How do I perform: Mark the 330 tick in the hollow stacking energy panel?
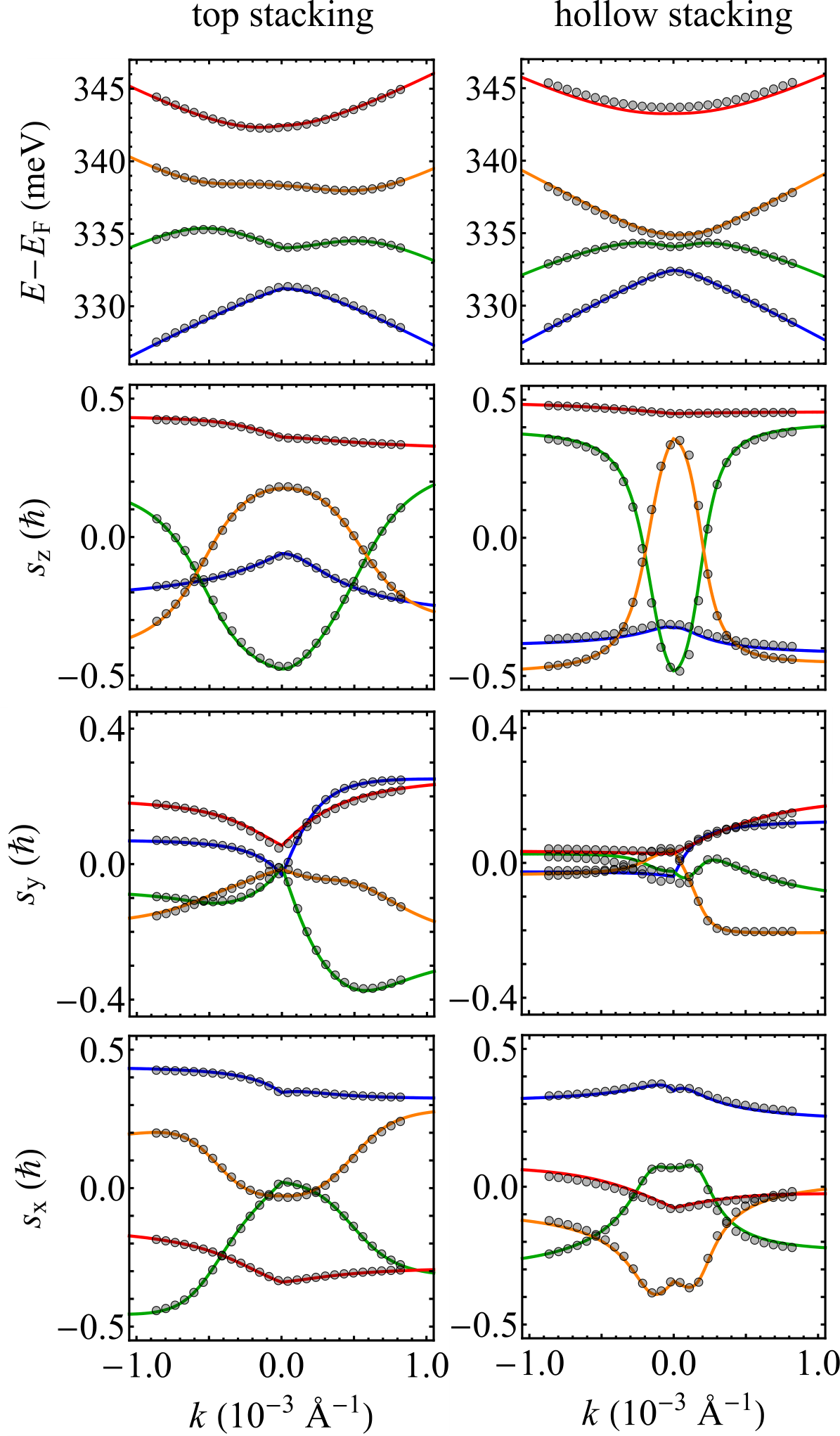pyautogui.click(x=490, y=307)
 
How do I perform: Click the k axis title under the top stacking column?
pyautogui.click(x=280, y=1412)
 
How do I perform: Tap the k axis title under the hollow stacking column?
pyautogui.click(x=673, y=1412)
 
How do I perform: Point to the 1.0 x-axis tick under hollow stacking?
pyautogui.click(x=818, y=1366)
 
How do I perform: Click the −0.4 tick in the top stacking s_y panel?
pyautogui.click(x=91, y=1000)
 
